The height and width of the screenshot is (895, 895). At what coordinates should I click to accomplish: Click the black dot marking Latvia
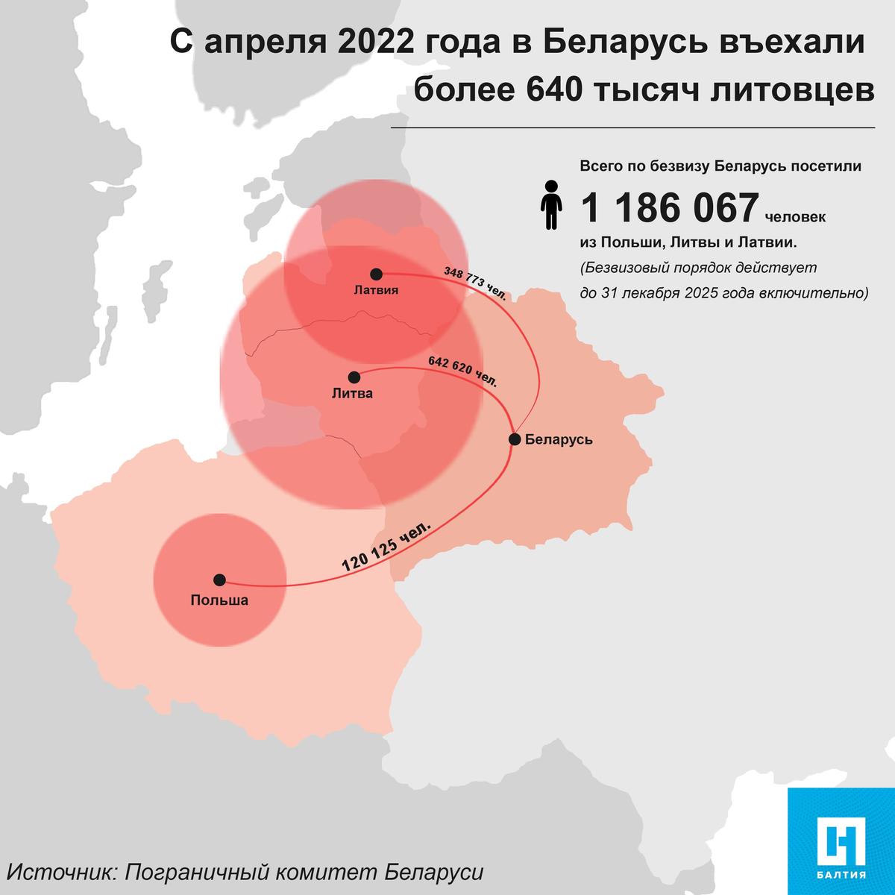(376, 274)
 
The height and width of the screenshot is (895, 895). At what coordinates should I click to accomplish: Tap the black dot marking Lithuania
(354, 377)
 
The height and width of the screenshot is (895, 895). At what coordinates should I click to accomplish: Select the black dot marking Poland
(219, 580)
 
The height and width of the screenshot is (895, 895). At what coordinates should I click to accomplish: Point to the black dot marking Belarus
(515, 439)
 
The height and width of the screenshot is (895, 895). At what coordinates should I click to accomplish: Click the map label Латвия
(376, 291)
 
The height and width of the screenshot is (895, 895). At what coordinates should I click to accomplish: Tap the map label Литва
(352, 393)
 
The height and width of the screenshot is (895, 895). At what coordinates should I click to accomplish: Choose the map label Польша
(219, 600)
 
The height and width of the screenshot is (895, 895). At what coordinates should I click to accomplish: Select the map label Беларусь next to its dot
(559, 439)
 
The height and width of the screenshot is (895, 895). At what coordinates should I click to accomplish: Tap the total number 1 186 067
(669, 208)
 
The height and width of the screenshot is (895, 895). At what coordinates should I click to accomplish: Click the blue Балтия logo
(841, 840)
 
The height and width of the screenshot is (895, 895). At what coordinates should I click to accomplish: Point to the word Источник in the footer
(60, 873)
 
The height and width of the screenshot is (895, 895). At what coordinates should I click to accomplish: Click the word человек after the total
(795, 219)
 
